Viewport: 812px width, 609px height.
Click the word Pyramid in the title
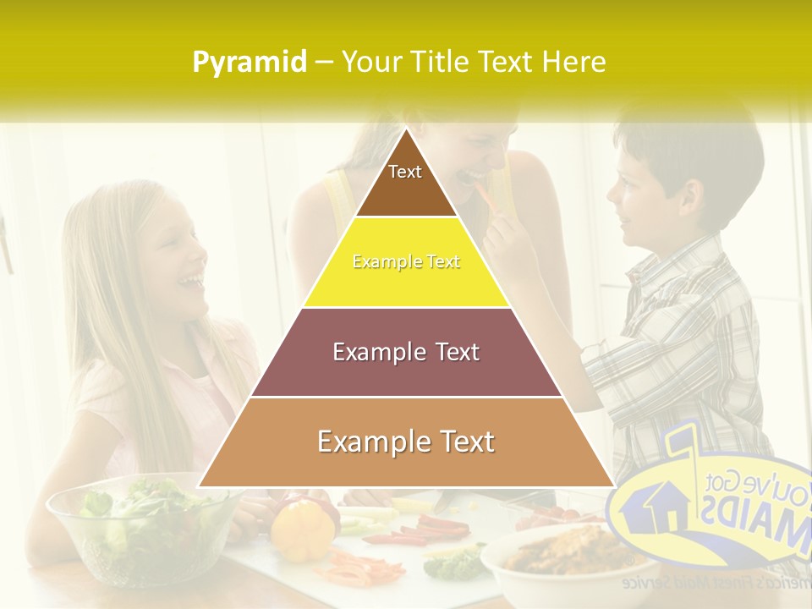(x=249, y=63)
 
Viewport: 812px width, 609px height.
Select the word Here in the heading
(x=574, y=63)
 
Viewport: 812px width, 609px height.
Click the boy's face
(x=634, y=203)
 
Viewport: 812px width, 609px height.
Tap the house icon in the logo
(x=653, y=505)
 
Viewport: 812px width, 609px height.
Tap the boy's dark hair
(x=685, y=148)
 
